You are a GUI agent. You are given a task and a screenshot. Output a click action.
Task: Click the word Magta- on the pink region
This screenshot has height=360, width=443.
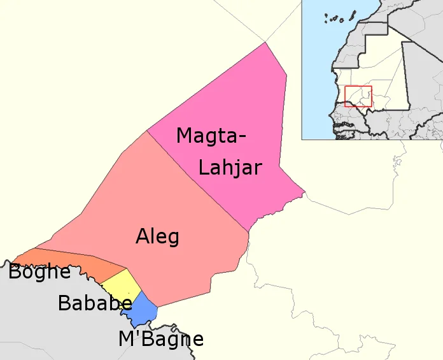tap(211, 136)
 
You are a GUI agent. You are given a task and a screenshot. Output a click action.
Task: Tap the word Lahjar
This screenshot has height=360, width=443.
tap(230, 168)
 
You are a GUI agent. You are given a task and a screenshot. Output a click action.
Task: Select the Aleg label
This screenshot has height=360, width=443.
tap(157, 237)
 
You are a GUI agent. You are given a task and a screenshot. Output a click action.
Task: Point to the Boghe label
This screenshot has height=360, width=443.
tap(39, 272)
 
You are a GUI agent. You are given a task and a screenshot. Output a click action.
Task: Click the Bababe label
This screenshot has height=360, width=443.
tap(95, 303)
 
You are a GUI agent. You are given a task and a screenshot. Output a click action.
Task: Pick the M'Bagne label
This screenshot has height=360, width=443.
tap(161, 339)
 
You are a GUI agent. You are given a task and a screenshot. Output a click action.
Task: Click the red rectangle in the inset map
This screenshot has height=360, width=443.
tap(358, 96)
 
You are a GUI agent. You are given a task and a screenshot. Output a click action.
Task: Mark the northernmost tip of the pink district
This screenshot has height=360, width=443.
tap(265, 43)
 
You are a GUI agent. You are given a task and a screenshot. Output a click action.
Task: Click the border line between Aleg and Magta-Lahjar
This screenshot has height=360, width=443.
tap(197, 182)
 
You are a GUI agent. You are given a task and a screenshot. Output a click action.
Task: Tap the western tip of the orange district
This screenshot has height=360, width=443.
tap(13, 261)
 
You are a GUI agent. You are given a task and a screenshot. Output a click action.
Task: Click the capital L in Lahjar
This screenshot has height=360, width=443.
tap(204, 167)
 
